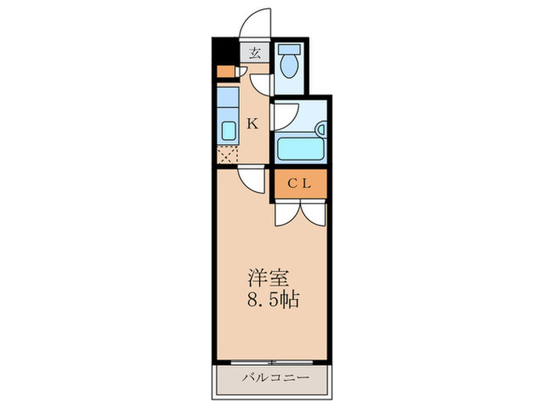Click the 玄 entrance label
tap(254, 54)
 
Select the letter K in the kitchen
tap(252, 122)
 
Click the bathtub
tap(298, 147)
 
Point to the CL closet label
tap(299, 184)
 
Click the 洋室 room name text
tap(268, 277)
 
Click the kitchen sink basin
tap(228, 130)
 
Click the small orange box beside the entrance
tap(225, 72)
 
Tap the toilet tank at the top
tap(291, 48)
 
